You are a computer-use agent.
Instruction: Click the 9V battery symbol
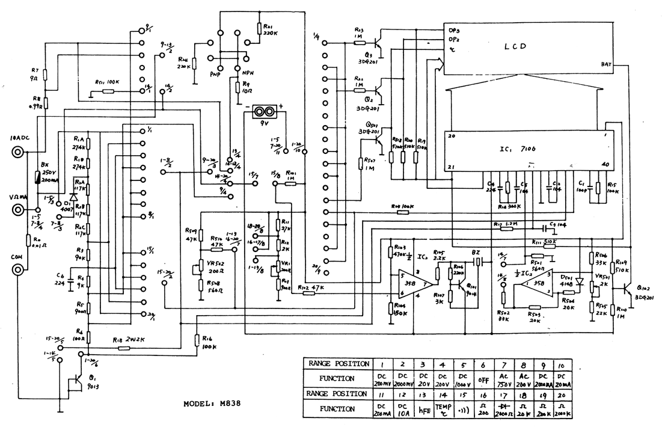pyautogui.click(x=262, y=112)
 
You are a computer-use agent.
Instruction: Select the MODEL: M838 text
pyautogui.click(x=212, y=404)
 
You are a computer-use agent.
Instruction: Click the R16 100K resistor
pyautogui.click(x=197, y=340)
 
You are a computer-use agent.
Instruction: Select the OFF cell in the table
pyautogui.click(x=482, y=379)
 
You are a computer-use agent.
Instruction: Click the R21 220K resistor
pyautogui.click(x=259, y=29)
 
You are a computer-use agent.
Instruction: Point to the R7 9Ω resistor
pyautogui.click(x=45, y=75)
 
